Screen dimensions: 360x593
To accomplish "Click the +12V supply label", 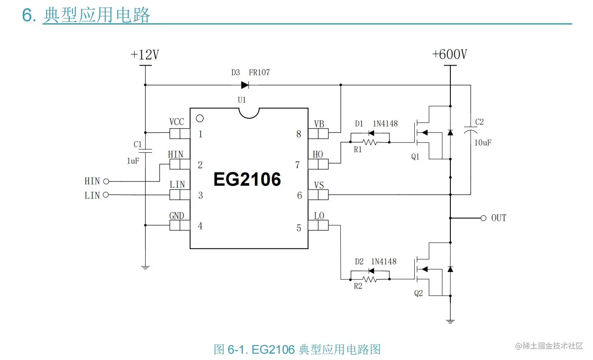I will coord(145,55).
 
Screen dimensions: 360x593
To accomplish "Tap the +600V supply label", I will coord(450,55).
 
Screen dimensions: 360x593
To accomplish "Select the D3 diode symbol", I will coord(245,85).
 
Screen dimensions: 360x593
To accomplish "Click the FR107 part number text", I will coord(259,72).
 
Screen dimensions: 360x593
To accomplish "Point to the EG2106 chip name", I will coord(247,179).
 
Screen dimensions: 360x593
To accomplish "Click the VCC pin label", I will coord(177,122).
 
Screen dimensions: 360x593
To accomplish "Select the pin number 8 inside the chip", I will coord(298,134).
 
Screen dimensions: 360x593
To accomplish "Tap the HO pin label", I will coord(318,154).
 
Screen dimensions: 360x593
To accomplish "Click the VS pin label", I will coord(319,185).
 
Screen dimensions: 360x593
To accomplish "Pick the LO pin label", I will coord(319,216).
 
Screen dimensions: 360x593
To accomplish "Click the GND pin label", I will coord(177,216).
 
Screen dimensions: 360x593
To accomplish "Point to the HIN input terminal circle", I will coord(106,181).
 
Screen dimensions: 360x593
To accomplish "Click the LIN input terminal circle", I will coord(106,195).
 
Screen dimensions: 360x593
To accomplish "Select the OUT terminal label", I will coord(499,218).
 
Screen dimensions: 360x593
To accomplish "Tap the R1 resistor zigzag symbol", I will coord(370,142).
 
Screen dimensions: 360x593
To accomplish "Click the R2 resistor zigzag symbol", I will coord(370,279).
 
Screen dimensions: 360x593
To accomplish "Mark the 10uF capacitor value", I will coord(483,143).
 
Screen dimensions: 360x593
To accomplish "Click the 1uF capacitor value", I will coord(133,161).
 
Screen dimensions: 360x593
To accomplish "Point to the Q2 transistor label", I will coord(418,293).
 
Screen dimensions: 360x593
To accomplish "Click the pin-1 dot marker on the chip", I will coord(200,118).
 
